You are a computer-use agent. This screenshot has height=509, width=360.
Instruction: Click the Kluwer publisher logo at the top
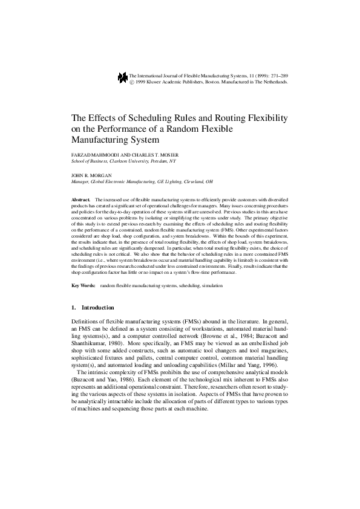(123, 76)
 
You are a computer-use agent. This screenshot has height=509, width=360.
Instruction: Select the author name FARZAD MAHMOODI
(92, 155)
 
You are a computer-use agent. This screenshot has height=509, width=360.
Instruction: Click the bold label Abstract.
(80, 199)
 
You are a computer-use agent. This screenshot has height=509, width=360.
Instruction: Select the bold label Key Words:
(83, 285)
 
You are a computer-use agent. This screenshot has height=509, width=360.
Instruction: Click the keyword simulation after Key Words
(211, 285)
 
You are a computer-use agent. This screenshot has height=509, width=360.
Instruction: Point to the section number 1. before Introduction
(74, 308)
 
